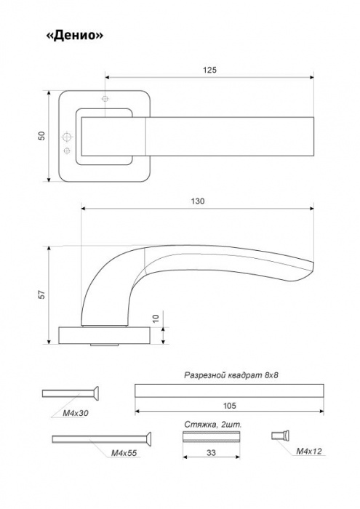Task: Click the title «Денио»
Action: [75, 35]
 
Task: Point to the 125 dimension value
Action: [209, 70]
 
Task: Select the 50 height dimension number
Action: [41, 136]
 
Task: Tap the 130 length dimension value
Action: [198, 201]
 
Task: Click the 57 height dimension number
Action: [42, 294]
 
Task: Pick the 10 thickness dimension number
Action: [156, 318]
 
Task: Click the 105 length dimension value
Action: [230, 406]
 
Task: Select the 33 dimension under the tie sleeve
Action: [211, 452]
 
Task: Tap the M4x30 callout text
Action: [75, 413]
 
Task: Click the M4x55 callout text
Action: [124, 453]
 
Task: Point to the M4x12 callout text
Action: [308, 452]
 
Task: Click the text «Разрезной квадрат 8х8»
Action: [231, 375]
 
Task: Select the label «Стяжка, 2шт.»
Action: [213, 425]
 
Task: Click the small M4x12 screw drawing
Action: [281, 435]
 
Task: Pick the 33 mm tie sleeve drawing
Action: [211, 436]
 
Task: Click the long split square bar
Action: [229, 390]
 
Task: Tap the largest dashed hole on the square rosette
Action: [67, 137]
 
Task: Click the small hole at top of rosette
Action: [105, 99]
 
